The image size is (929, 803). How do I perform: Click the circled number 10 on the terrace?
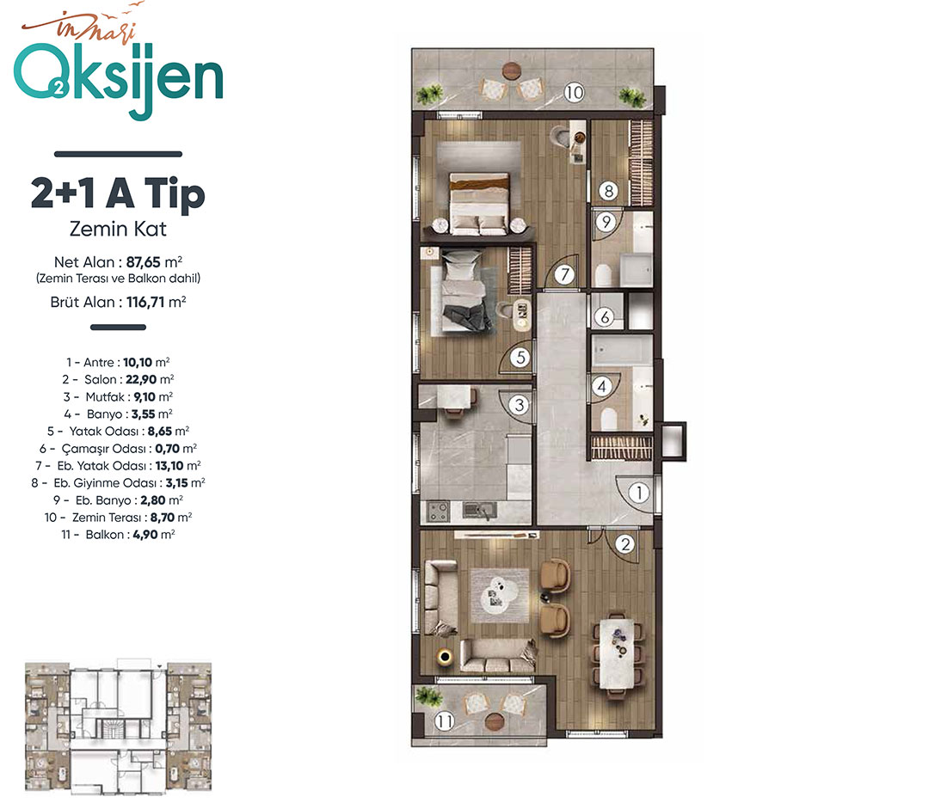574,92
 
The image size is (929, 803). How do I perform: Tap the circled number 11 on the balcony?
445,720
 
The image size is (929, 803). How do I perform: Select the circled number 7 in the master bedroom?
564,274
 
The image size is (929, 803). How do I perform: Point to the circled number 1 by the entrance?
639,493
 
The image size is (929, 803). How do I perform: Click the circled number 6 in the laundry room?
605,317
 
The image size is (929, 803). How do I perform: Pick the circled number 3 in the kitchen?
520,405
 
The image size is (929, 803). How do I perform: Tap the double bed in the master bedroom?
479,203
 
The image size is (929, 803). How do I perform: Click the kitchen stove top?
439,511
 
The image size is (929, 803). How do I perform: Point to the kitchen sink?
480,510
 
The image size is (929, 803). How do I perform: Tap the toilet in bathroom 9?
603,275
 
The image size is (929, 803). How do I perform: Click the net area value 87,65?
143,261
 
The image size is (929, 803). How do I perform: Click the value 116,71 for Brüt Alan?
145,302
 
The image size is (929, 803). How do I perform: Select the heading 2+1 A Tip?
118,193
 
